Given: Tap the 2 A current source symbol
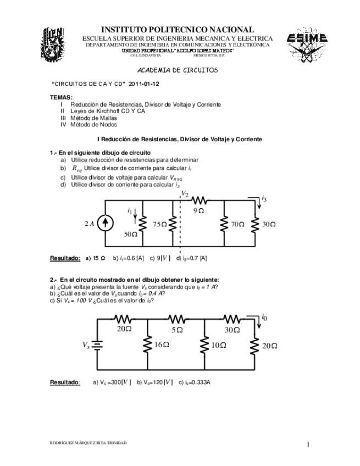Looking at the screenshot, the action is [x=107, y=223].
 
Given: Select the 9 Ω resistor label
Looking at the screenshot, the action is [x=199, y=210].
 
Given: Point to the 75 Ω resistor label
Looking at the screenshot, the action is [x=159, y=224].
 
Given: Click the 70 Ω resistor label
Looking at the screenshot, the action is [x=237, y=224].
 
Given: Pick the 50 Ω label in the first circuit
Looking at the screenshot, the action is [x=130, y=235].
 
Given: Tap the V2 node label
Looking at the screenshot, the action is [x=185, y=195].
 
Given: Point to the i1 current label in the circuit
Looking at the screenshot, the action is [x=130, y=210].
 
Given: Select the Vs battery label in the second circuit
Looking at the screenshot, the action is [x=86, y=345].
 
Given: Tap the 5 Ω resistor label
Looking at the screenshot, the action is [x=176, y=329].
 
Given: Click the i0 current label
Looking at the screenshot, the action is [x=264, y=318].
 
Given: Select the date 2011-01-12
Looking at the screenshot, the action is [x=144, y=85].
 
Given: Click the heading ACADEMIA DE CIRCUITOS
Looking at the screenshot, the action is [x=176, y=71].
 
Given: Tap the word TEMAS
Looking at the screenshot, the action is [x=60, y=97].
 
